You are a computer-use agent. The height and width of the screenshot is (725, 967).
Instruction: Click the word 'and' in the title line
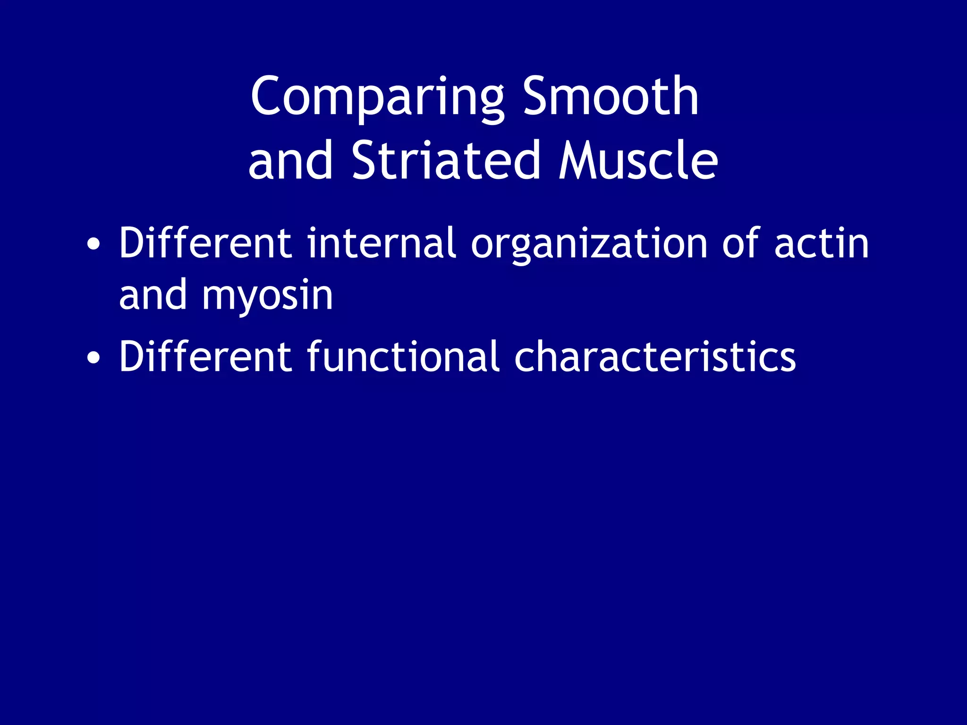coord(290,162)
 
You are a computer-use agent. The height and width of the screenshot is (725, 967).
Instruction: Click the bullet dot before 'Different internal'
coord(93,244)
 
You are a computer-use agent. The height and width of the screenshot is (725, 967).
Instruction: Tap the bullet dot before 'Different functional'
coord(93,357)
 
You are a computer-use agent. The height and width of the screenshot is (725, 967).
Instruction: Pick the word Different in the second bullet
coord(205,356)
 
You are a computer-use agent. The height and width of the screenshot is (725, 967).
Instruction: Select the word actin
coord(822,244)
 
